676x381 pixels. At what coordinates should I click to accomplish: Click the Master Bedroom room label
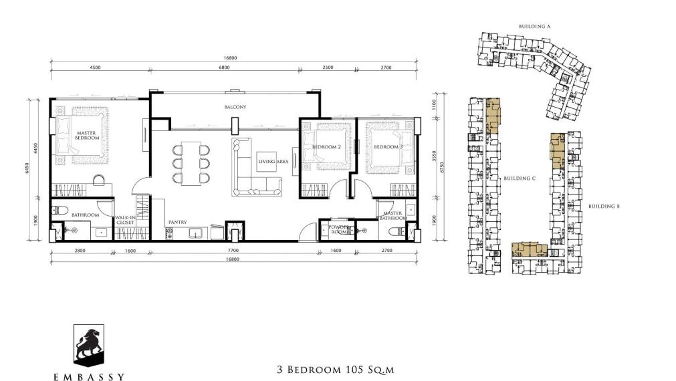point(87,135)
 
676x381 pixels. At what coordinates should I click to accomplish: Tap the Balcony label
point(235,107)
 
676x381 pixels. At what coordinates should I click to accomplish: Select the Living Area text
point(272,161)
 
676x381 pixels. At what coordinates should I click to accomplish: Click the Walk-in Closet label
point(125,220)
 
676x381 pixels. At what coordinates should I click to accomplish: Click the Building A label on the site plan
point(534,27)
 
